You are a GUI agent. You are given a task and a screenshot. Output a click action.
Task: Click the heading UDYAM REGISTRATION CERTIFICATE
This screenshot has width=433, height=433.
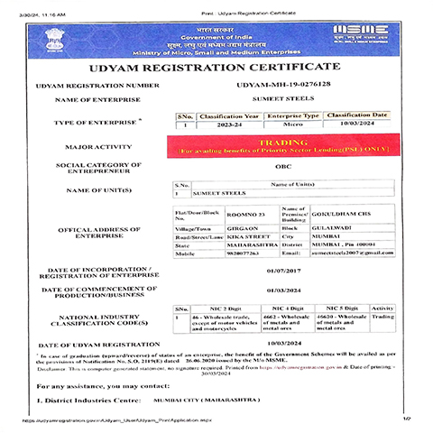[x=216, y=67]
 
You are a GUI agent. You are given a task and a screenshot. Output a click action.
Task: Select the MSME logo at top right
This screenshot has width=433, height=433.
[x=361, y=34]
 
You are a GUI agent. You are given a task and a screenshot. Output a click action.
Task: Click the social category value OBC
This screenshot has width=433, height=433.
[x=281, y=168]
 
